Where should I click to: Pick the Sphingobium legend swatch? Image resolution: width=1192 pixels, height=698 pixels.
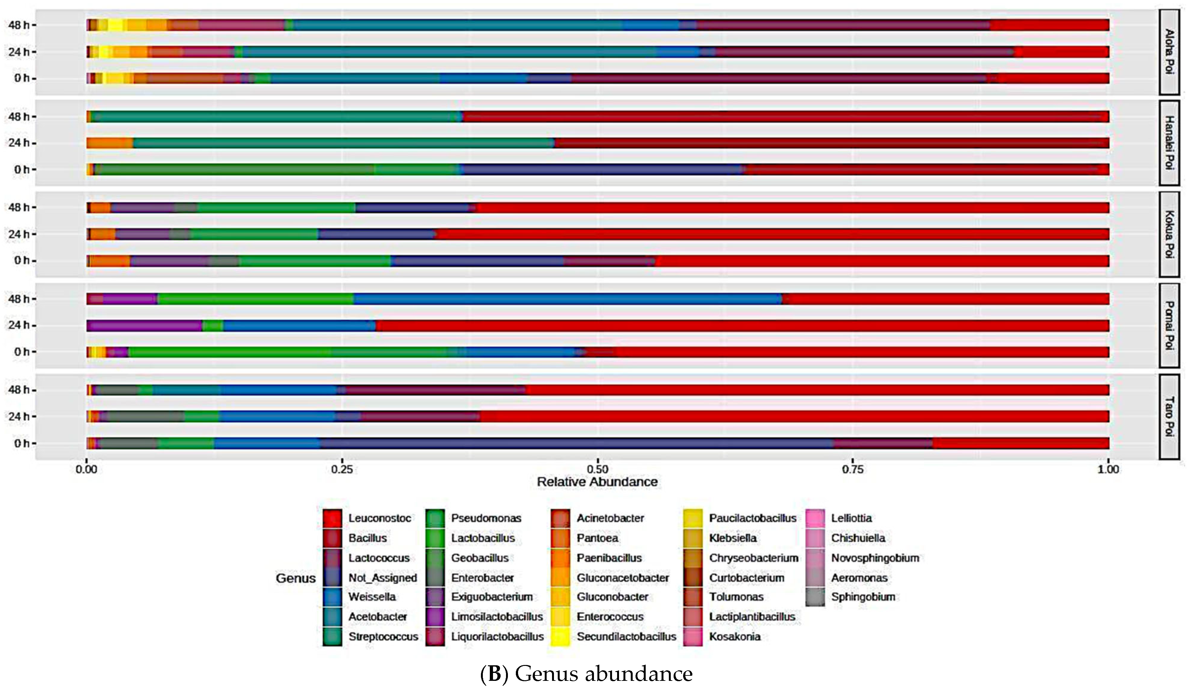(x=815, y=597)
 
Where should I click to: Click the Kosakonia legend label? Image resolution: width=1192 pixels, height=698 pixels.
(x=734, y=636)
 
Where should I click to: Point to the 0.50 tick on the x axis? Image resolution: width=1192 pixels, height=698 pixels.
(x=597, y=469)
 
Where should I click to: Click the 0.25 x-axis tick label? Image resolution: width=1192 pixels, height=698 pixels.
(x=342, y=469)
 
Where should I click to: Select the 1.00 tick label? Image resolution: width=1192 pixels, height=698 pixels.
(x=1108, y=469)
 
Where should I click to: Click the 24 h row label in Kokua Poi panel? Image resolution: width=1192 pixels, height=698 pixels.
(x=19, y=234)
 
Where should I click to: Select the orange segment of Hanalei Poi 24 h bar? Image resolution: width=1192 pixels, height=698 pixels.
(x=110, y=143)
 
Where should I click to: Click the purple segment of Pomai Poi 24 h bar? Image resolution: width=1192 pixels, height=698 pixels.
(x=144, y=326)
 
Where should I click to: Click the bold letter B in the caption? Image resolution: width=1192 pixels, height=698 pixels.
(x=494, y=674)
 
